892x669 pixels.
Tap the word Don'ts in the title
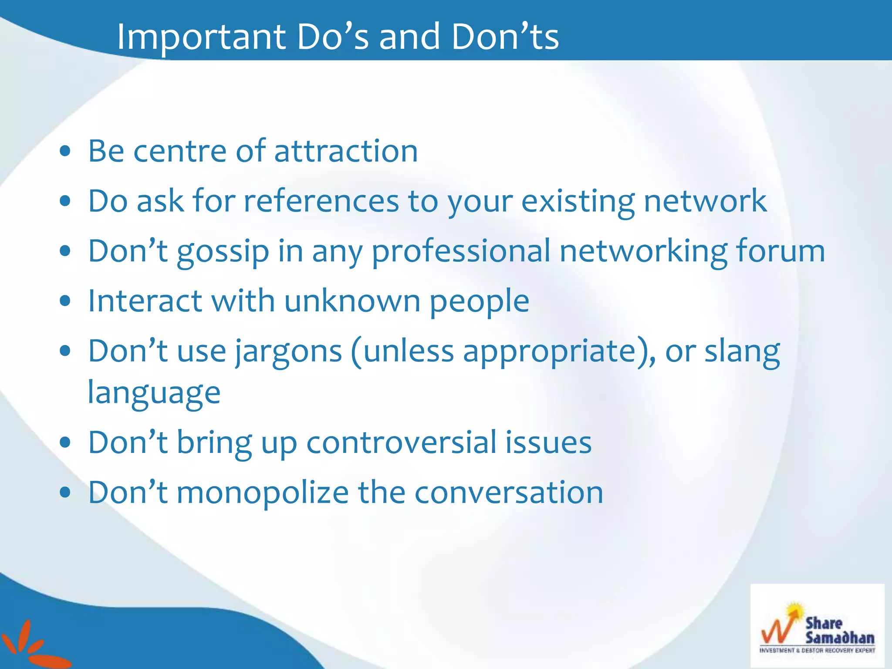(x=505, y=37)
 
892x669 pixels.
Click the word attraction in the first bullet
(x=346, y=151)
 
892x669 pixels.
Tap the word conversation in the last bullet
(x=508, y=493)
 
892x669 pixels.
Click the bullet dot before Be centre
(x=65, y=152)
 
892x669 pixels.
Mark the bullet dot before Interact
(x=65, y=301)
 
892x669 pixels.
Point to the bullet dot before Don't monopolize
(x=65, y=493)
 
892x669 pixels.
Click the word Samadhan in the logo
(x=839, y=638)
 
